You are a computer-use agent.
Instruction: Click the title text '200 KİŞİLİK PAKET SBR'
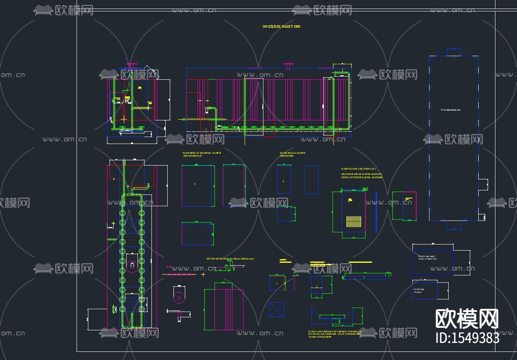pos(281,26)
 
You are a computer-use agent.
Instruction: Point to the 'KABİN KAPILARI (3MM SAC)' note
pos(358,168)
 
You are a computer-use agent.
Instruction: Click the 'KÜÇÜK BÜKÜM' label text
pos(230,258)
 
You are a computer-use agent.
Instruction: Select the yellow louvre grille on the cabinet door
pos(353,221)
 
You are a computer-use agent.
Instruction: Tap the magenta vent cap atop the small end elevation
pos(132,64)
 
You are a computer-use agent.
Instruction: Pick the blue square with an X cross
pos(276,309)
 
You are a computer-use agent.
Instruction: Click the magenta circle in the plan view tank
pos(131,267)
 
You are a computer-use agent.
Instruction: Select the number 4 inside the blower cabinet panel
pos(195,184)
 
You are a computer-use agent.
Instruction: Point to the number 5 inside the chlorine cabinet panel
pos(283,181)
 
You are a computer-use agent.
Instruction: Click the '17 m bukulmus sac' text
pos(451,110)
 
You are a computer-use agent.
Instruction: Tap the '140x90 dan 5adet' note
pos(426,257)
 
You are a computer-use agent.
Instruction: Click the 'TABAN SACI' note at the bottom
pos(335,334)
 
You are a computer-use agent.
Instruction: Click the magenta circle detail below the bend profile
pos(179,297)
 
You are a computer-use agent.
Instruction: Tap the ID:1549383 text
pos(467,338)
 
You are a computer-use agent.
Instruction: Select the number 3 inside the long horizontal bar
pos(364,277)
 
